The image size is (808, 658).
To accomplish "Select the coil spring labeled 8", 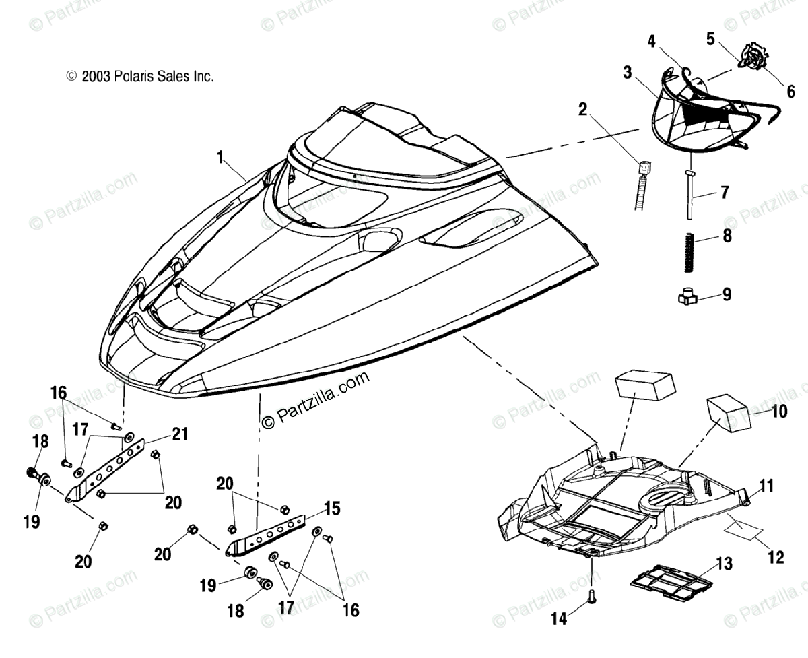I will click(x=688, y=251).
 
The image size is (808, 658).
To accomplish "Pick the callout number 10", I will click(x=779, y=411).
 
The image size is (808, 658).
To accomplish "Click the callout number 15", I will click(x=331, y=506).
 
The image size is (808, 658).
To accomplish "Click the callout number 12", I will click(x=776, y=557).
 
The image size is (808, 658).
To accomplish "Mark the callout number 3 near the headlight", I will click(x=628, y=72).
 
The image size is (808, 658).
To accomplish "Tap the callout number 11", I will click(x=767, y=485).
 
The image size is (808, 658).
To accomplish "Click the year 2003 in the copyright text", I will click(x=96, y=77).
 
